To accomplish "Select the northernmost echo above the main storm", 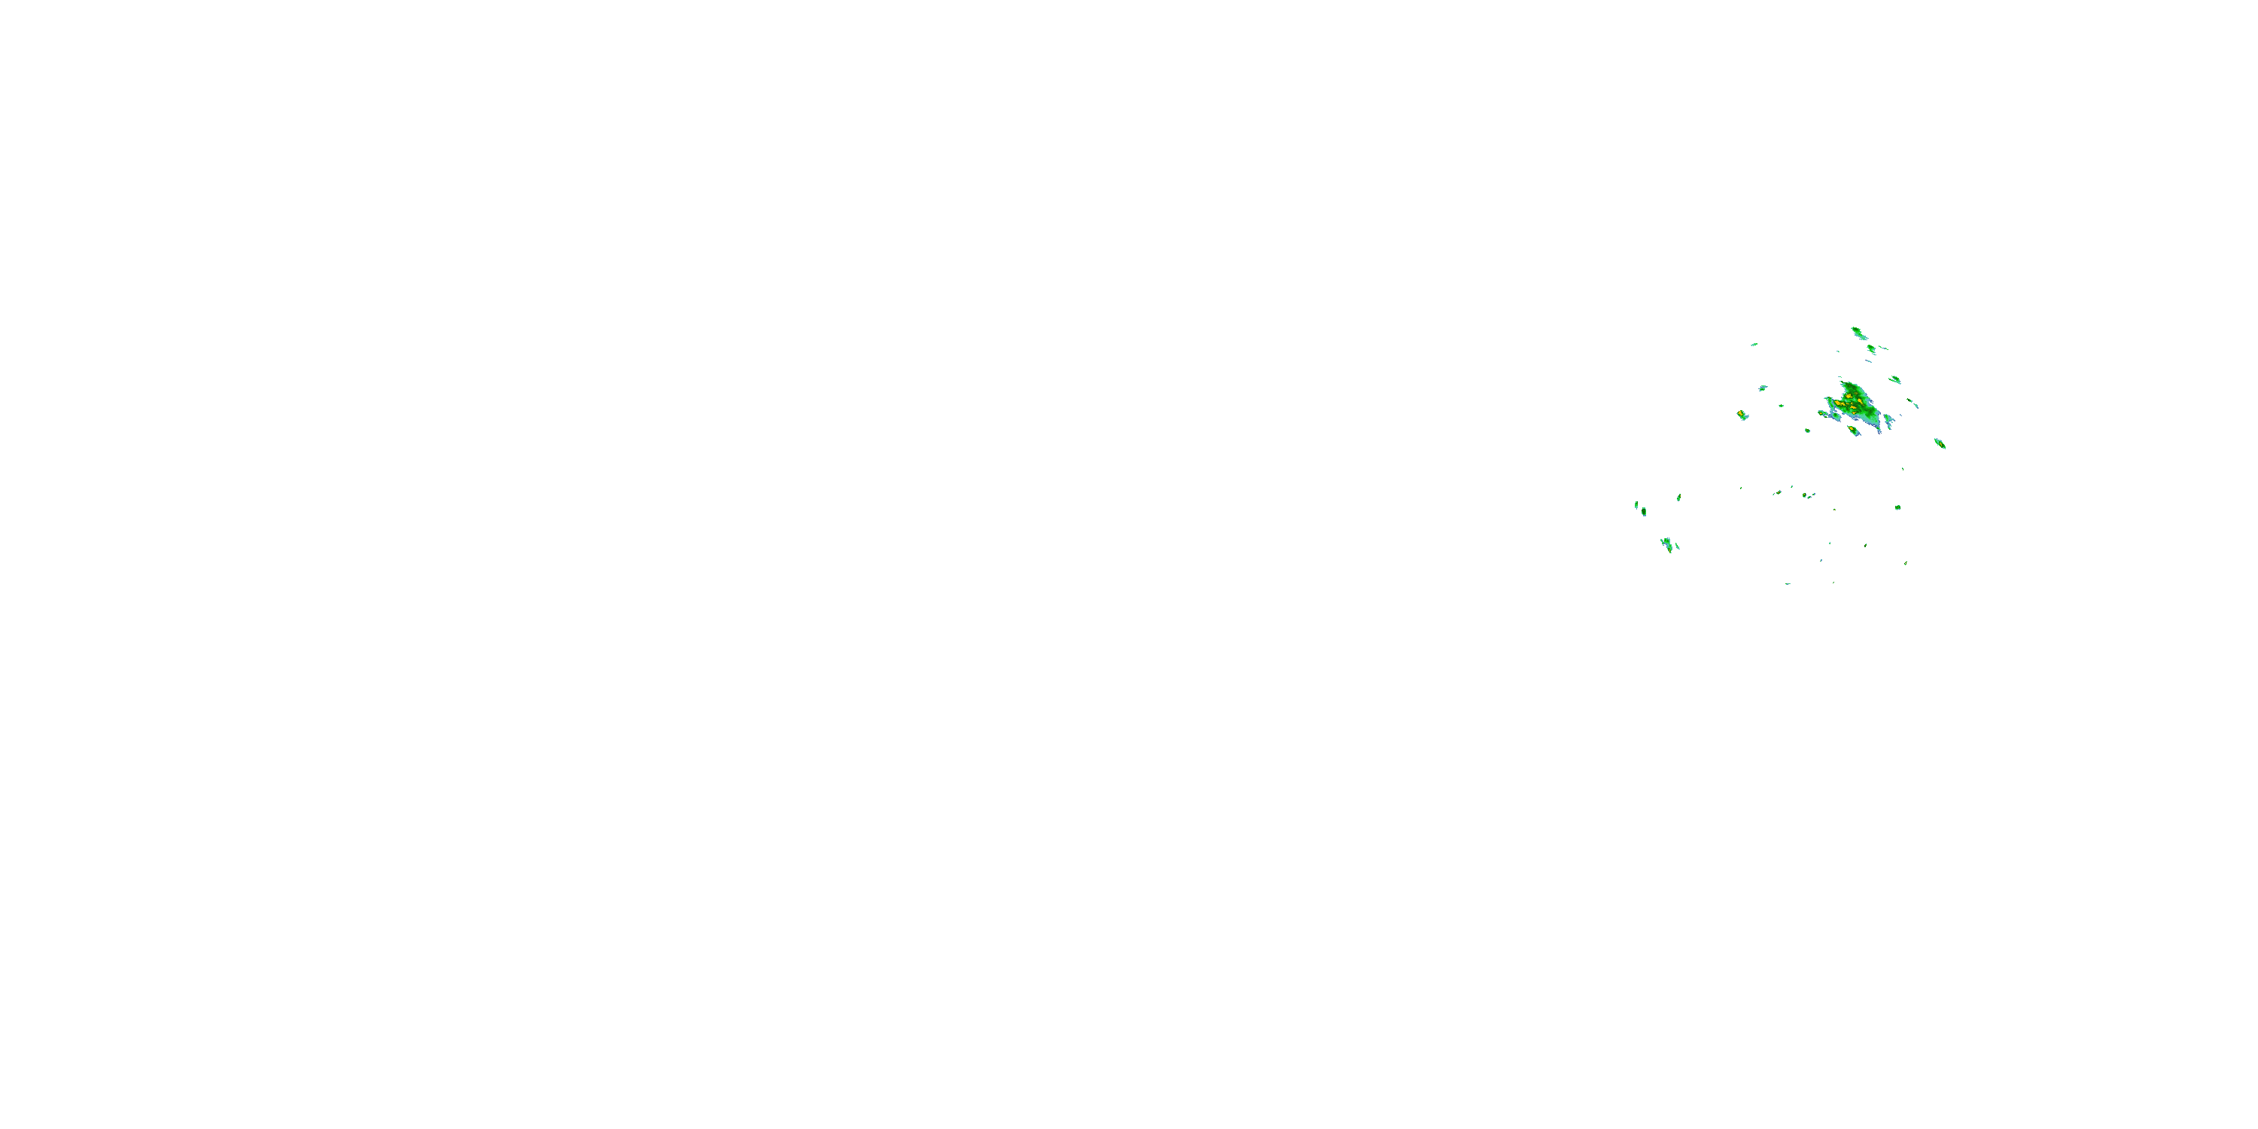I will [1858, 333].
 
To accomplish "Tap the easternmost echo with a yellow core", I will [1940, 443].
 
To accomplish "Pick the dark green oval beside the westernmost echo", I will [1644, 512].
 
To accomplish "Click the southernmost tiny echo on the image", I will [1788, 584].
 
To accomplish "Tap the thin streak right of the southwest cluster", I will [1677, 548].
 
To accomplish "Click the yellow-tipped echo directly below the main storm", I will [1854, 431].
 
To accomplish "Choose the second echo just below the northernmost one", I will [1870, 350].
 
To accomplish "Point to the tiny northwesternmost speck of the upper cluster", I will [1754, 345].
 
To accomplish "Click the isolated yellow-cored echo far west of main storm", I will [1742, 415].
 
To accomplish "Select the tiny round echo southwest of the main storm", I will [1807, 431].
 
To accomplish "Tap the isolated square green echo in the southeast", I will [1897, 507].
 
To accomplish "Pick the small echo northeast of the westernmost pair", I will [1678, 497].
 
